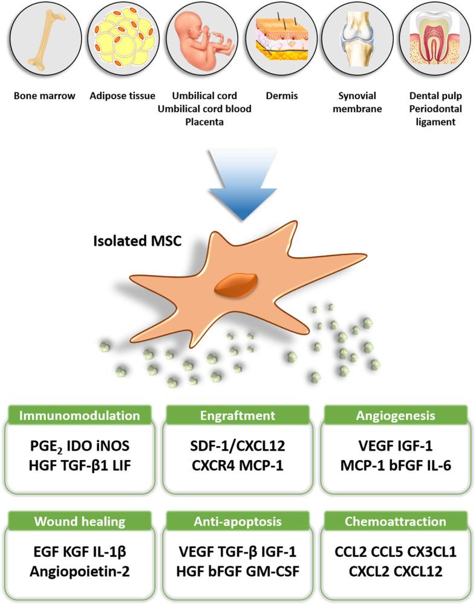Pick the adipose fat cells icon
tap(122, 40)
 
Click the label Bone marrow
tap(42, 95)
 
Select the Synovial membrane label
tap(357, 101)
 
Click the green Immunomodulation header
tap(80, 416)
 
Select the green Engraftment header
tap(237, 416)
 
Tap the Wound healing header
tap(80, 520)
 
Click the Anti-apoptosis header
tap(237, 520)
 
